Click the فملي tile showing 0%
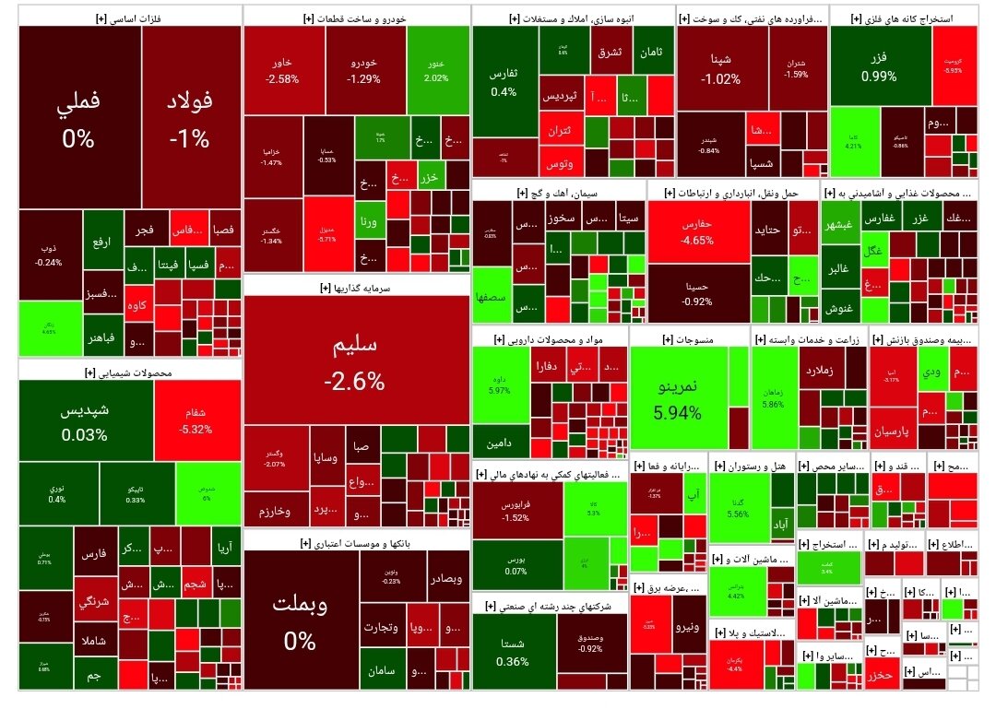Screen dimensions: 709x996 click(78, 120)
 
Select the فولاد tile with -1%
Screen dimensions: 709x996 click(190, 120)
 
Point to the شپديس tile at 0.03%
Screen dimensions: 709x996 click(85, 419)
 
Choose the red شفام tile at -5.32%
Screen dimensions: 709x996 click(197, 420)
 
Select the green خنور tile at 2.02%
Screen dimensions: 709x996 click(437, 70)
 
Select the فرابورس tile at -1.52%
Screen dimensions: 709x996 click(516, 511)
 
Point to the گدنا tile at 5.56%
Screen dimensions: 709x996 click(737, 507)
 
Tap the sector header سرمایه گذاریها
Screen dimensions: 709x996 click(358, 287)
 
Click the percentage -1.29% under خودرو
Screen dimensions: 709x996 click(363, 79)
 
